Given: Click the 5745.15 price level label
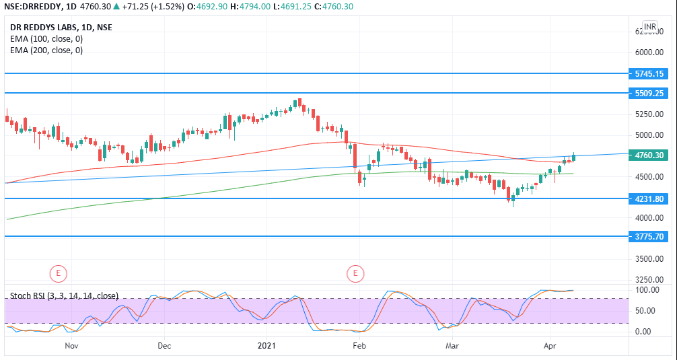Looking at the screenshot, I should (x=649, y=73).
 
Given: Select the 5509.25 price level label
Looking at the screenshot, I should (x=649, y=94).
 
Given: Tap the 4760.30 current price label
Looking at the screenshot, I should (x=649, y=155).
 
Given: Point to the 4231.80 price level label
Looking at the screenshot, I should (x=649, y=199).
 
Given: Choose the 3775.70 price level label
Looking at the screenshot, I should (x=649, y=237).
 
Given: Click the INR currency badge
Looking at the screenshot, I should (x=649, y=27).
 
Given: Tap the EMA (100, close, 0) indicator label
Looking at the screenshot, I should (x=46, y=39).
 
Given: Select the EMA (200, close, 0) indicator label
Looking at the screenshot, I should (x=46, y=50).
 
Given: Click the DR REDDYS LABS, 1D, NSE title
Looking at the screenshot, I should (x=61, y=28).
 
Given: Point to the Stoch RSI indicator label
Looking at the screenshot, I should (x=65, y=295).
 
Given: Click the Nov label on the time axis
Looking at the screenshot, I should (x=72, y=346).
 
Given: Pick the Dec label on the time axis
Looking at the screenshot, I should (x=164, y=346).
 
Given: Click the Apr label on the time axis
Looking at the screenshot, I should (x=550, y=346).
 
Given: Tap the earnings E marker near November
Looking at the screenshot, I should (x=59, y=273).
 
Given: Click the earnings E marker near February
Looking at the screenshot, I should (x=355, y=273).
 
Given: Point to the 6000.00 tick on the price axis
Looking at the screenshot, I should (x=649, y=52).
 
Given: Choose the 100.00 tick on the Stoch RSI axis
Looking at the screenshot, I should (x=646, y=290).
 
